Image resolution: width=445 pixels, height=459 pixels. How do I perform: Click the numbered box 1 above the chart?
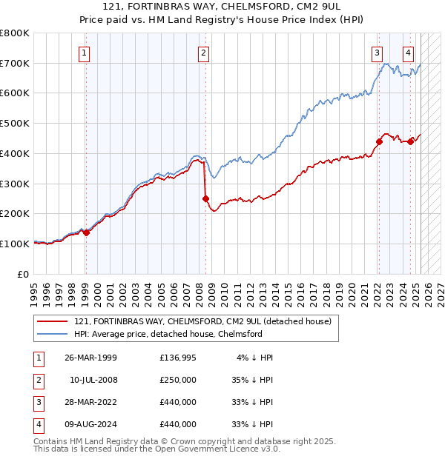85,53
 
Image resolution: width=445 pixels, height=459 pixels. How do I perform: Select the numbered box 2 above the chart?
203,53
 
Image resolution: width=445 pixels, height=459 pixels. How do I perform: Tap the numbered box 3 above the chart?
378,53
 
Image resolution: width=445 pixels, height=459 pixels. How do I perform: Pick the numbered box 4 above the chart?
409,53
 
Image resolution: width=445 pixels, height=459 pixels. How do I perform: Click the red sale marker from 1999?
86,232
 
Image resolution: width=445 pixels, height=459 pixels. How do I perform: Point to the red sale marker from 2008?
205,198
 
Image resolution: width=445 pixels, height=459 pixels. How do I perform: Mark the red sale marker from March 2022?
379,141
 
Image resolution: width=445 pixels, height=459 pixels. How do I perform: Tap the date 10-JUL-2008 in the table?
93,380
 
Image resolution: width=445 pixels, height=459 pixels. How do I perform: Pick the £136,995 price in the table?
178,358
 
